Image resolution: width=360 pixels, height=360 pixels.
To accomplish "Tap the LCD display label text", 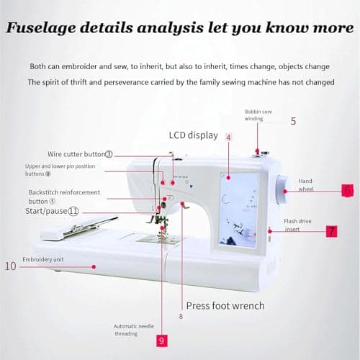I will (x=193, y=135).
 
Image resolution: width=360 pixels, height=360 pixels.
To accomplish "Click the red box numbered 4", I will (x=228, y=137).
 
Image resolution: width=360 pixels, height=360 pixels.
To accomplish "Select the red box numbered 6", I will (x=347, y=191).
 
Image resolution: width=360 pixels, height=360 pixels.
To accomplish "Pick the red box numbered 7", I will (x=331, y=231).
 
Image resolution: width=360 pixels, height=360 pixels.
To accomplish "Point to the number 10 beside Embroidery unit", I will (x=10, y=266).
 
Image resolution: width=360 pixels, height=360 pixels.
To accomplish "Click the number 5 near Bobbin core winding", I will (x=293, y=120).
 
